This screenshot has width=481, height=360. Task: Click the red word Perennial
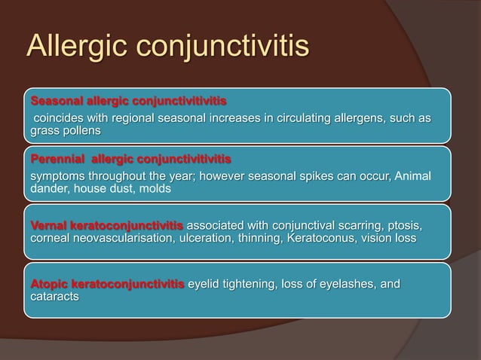[x=55, y=160]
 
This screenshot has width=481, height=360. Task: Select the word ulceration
[x=206, y=238]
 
